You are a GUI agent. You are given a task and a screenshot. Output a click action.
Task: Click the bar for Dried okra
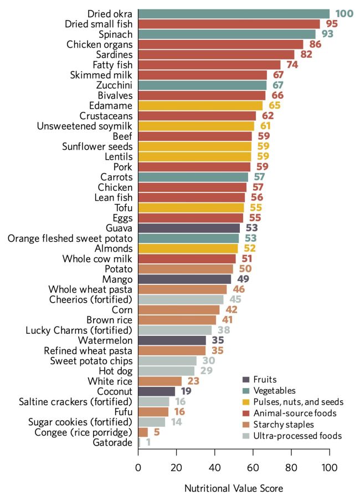pyautogui.click(x=233, y=13)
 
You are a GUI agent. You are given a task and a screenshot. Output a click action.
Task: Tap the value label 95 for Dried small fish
pyautogui.click(x=331, y=24)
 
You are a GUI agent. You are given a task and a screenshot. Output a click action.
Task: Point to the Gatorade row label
pyautogui.click(x=115, y=442)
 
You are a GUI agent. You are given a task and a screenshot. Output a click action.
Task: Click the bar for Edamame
pyautogui.click(x=200, y=105)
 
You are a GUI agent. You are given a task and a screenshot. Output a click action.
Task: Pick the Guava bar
pyautogui.click(x=189, y=228)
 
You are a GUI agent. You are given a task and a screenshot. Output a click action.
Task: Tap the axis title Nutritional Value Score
pyautogui.click(x=233, y=489)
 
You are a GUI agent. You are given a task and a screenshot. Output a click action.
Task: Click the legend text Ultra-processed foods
pyautogui.click(x=299, y=436)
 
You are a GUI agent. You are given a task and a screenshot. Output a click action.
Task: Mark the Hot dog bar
pyautogui.click(x=166, y=371)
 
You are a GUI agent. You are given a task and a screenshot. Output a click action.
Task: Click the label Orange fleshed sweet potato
pyautogui.click(x=70, y=238)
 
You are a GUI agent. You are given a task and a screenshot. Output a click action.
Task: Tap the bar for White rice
pyautogui.click(x=160, y=381)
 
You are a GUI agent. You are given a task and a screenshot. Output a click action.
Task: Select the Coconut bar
pyautogui.click(x=156, y=391)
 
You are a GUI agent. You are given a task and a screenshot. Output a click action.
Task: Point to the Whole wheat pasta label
pyautogui.click(x=91, y=289)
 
